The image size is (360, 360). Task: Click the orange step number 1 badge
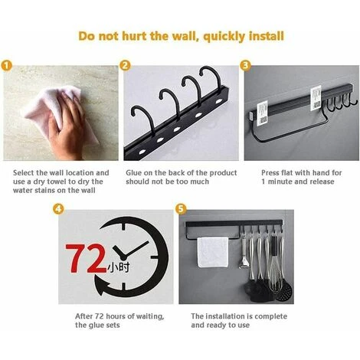coord(6,66)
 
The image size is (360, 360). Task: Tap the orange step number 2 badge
coord(125,66)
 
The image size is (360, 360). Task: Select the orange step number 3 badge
coord(245,66)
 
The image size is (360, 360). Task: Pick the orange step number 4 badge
coord(58,209)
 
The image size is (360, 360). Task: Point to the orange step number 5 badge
coord(181,209)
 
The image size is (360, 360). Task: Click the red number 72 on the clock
coord(86,259)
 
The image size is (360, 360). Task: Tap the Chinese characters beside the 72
coord(119,267)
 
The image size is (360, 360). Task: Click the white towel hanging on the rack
coord(213,252)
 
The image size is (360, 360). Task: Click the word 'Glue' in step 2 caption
coord(134,173)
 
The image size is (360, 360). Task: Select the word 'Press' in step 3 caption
coord(270,173)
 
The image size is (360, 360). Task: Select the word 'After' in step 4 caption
coord(83,316)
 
